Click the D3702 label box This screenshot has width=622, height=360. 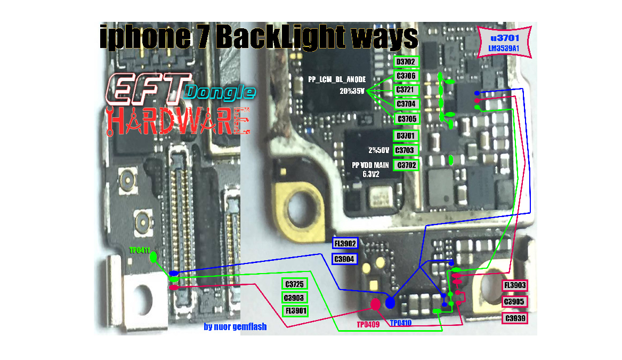[x=406, y=62]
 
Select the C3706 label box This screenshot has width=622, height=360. [x=406, y=76]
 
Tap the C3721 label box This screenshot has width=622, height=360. [x=406, y=90]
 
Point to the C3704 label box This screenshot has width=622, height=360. [x=406, y=103]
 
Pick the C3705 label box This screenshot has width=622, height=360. [x=406, y=118]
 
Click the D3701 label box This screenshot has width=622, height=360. [x=406, y=136]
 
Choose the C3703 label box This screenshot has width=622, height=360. [x=406, y=150]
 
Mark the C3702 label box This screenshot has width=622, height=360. [x=406, y=165]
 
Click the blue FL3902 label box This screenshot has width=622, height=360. [x=345, y=244]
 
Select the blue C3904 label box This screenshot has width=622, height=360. [x=345, y=259]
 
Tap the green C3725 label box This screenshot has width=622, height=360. [x=295, y=284]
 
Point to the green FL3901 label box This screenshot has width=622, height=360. [x=295, y=310]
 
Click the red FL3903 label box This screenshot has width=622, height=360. [x=515, y=285]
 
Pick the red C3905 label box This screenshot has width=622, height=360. [x=515, y=302]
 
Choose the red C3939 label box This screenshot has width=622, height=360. [x=515, y=318]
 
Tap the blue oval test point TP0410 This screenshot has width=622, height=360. [x=390, y=303]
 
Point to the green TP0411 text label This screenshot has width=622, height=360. [x=140, y=250]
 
